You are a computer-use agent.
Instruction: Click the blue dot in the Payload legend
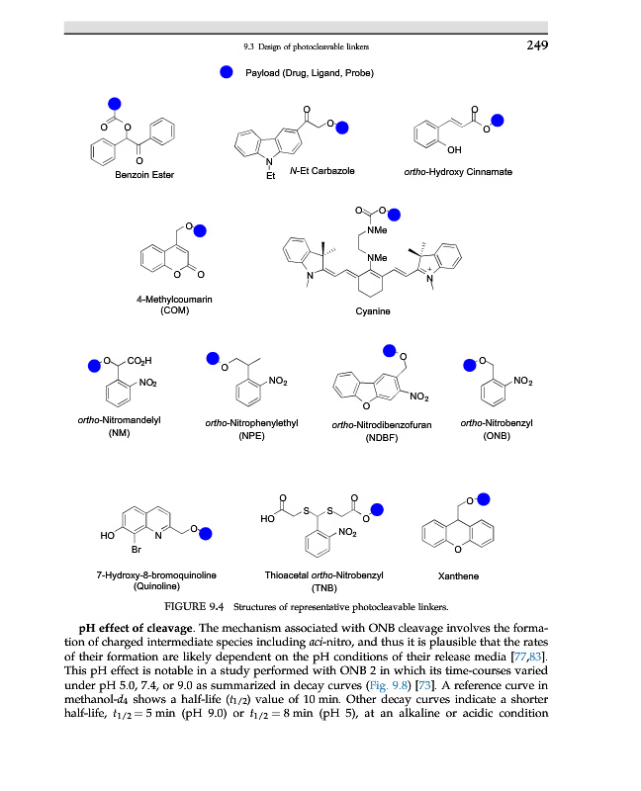[x=227, y=72]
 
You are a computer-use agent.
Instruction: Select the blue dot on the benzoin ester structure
[x=114, y=103]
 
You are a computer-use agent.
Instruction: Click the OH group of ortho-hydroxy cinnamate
[x=453, y=149]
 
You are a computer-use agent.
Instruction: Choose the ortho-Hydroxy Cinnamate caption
[x=458, y=172]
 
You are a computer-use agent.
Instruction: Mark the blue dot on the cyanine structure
[x=395, y=214]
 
